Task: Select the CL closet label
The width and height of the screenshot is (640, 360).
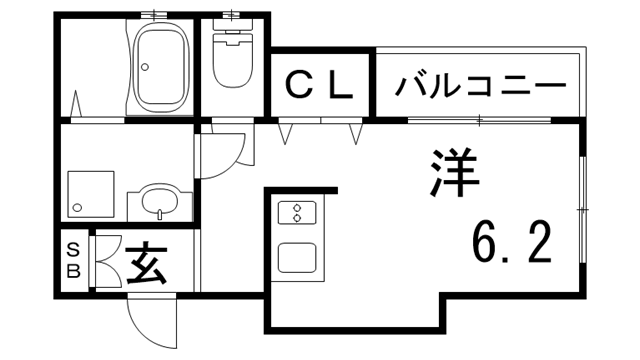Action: pos(319,86)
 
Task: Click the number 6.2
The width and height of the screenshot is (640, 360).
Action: pos(511,243)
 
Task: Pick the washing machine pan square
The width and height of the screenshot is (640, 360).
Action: pos(90,192)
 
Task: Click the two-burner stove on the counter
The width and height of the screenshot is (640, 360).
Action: pos(297,213)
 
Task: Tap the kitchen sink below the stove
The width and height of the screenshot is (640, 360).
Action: pos(297,257)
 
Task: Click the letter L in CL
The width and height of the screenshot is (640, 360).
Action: pos(340,86)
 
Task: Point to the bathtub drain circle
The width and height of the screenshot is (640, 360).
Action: pos(146,68)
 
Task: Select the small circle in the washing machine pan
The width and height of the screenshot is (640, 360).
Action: pos(75,208)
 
